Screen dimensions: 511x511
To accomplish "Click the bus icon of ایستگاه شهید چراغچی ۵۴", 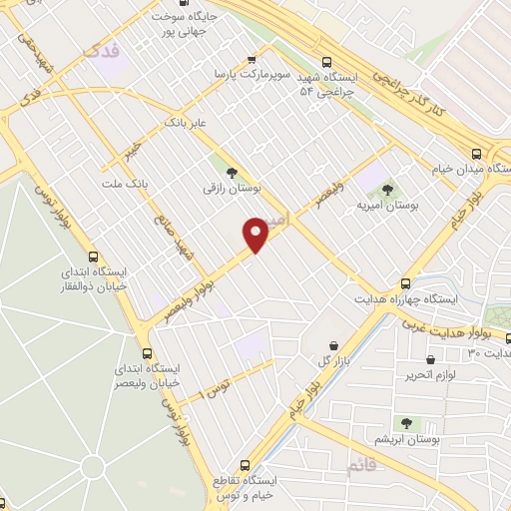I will (x=328, y=60).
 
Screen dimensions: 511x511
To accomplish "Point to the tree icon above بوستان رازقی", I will (x=232, y=171).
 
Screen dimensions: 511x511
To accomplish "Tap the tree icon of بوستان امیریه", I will (x=387, y=189).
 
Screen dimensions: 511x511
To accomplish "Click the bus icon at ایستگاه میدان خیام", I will (x=476, y=155).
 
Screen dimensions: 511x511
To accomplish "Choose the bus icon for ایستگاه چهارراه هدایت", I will (x=405, y=283).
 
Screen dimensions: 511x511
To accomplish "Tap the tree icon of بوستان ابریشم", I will (x=406, y=423).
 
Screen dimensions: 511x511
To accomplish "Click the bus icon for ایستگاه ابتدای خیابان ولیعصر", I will (x=148, y=353).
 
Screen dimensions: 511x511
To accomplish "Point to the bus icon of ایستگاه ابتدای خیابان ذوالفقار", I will (x=93, y=255).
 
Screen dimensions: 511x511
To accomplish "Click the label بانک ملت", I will (x=125, y=185).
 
